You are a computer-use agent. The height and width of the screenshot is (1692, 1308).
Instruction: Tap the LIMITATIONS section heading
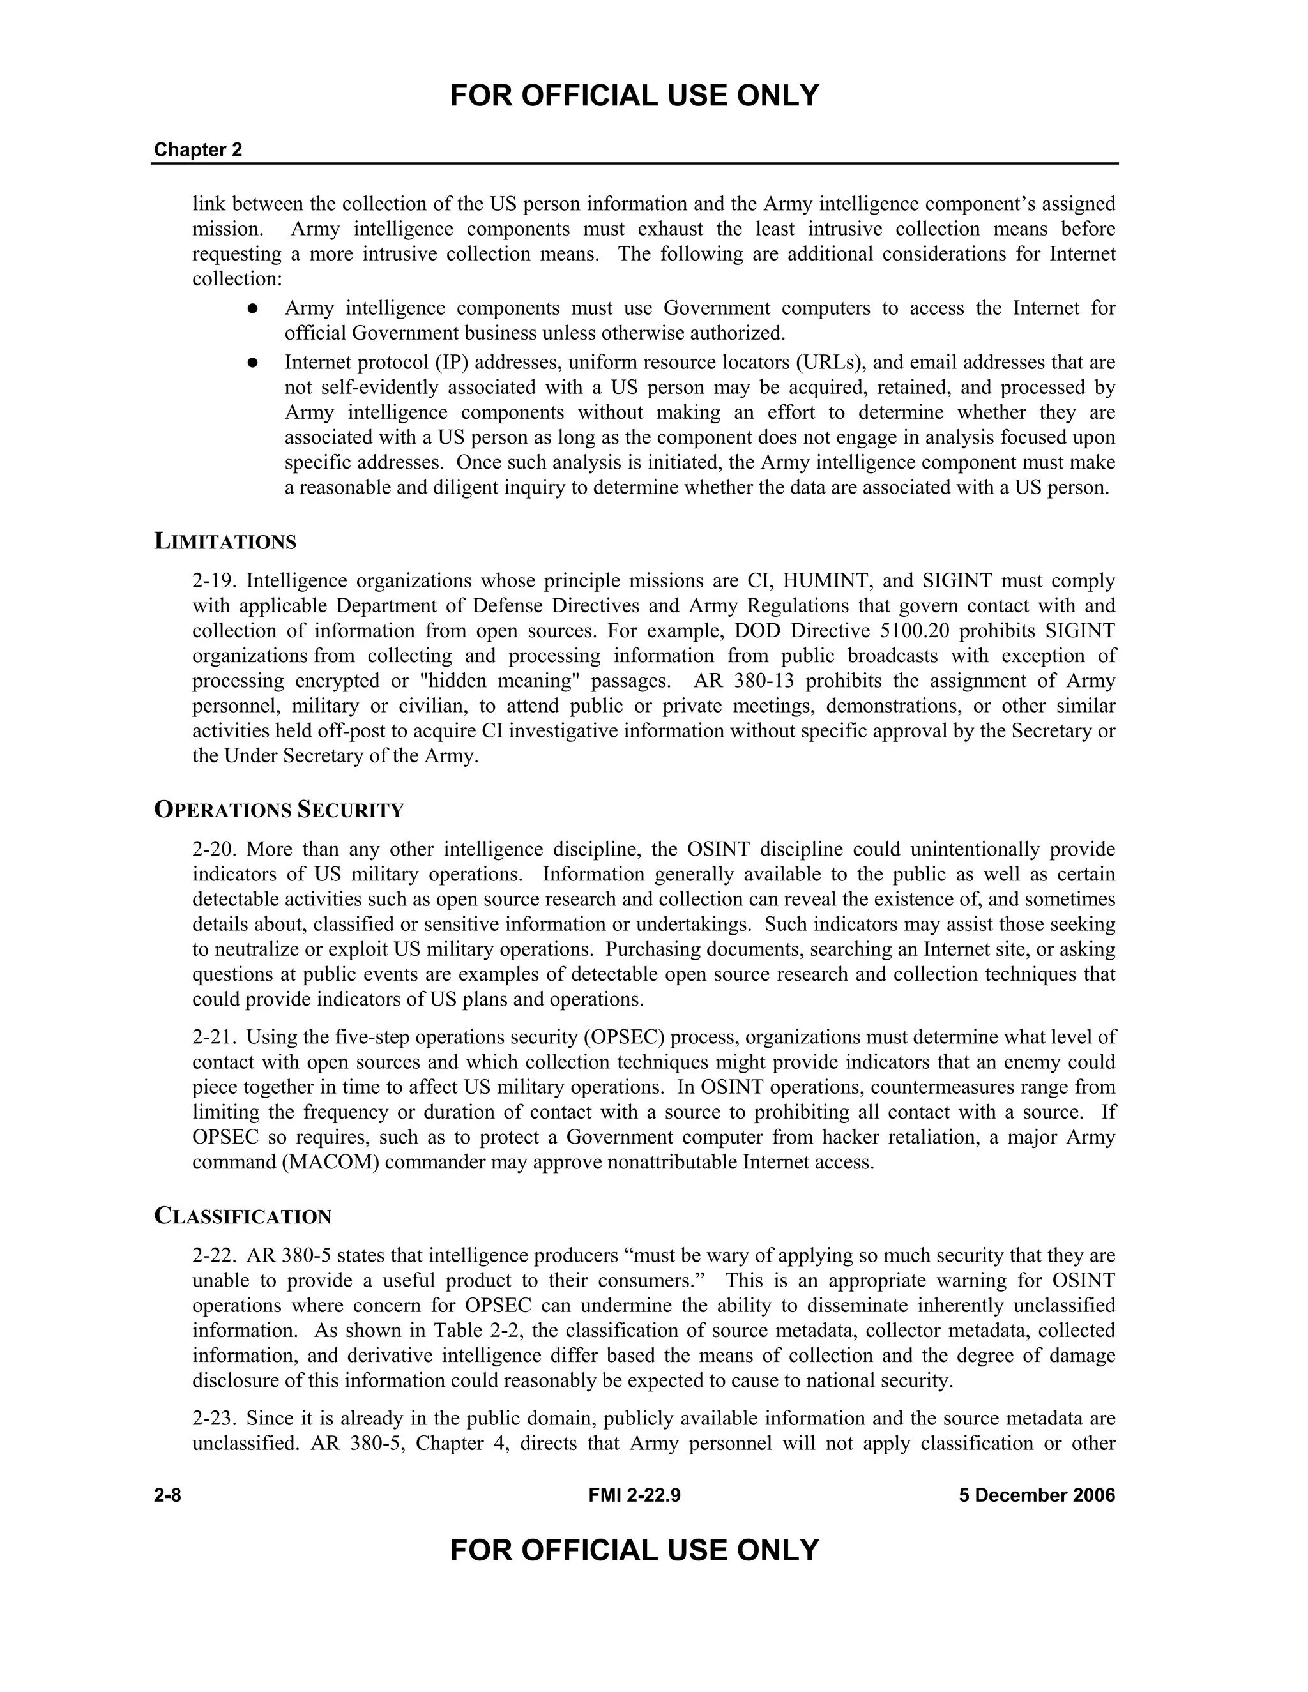pos(225,541)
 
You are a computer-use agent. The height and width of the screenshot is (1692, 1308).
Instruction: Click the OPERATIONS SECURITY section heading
pos(279,810)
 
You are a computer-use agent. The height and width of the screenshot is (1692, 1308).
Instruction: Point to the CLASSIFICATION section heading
pos(243,1216)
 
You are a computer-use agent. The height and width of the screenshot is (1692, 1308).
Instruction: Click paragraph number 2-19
pos(214,581)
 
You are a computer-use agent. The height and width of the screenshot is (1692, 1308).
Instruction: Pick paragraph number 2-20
pos(214,850)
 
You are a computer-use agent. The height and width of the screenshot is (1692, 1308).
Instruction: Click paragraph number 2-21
pos(214,1038)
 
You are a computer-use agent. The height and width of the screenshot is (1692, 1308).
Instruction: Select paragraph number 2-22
pos(214,1256)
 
